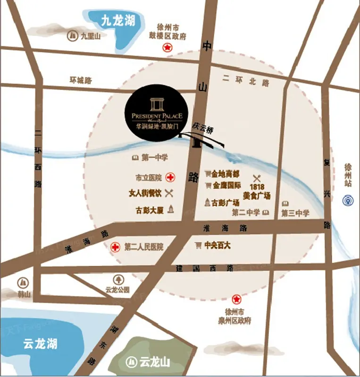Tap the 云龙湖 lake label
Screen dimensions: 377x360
pos(40,344)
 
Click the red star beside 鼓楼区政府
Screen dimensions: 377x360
pos(167,47)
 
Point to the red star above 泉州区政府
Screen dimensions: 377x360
pos(236,299)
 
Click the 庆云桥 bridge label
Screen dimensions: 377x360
pos(203,127)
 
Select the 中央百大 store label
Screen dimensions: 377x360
pos(218,246)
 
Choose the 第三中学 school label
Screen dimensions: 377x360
pos(296,213)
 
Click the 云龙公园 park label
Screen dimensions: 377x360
pos(117,290)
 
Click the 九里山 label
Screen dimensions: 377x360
pos(88,35)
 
